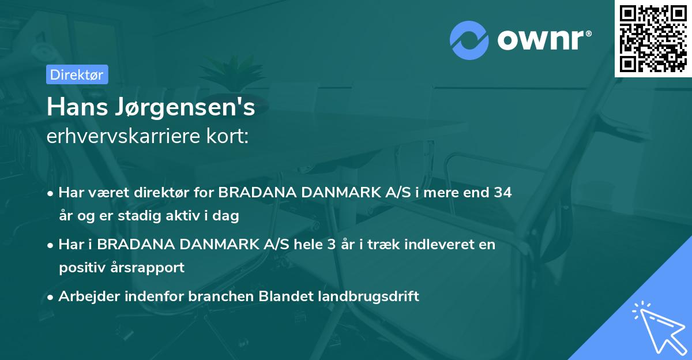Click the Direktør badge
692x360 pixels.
[x=77, y=74]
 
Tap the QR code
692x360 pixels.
[x=653, y=38]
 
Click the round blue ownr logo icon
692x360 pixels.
[x=469, y=40]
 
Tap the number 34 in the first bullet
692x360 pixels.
[x=502, y=193]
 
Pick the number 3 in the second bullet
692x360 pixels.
[x=330, y=245]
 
